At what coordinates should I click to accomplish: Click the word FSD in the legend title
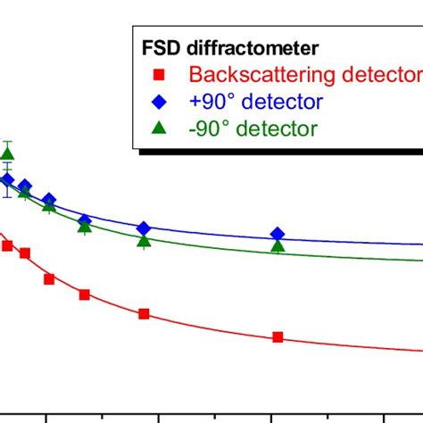(159, 49)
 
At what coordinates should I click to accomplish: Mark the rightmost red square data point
(278, 337)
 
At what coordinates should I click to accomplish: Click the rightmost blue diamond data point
(278, 234)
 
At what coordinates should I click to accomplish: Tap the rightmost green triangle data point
(278, 245)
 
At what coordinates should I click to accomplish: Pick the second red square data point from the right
(144, 314)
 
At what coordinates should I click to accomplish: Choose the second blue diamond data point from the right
(144, 229)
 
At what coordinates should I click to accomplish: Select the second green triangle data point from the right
(144, 240)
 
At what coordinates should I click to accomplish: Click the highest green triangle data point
(8, 153)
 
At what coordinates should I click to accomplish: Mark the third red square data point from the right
(84, 294)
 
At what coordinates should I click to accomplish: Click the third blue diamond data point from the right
(85, 220)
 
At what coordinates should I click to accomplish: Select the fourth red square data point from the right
(49, 278)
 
